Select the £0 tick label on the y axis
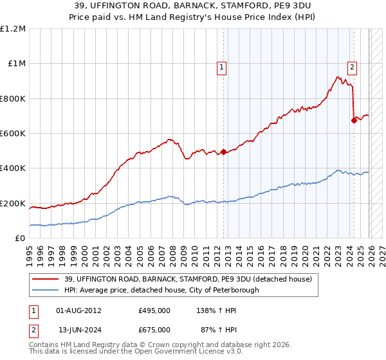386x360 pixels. (x=20, y=239)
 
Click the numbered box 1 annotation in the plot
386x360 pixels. (x=221, y=66)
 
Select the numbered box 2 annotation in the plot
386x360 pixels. (x=353, y=66)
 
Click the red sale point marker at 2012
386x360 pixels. (x=224, y=152)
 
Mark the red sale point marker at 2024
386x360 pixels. (x=354, y=120)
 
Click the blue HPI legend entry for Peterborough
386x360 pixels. (x=161, y=290)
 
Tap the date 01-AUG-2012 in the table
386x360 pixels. (x=78, y=310)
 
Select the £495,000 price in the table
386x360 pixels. (x=154, y=310)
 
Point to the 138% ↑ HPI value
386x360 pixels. (x=217, y=310)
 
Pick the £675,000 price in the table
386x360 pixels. (x=154, y=329)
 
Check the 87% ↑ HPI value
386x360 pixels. (x=219, y=329)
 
